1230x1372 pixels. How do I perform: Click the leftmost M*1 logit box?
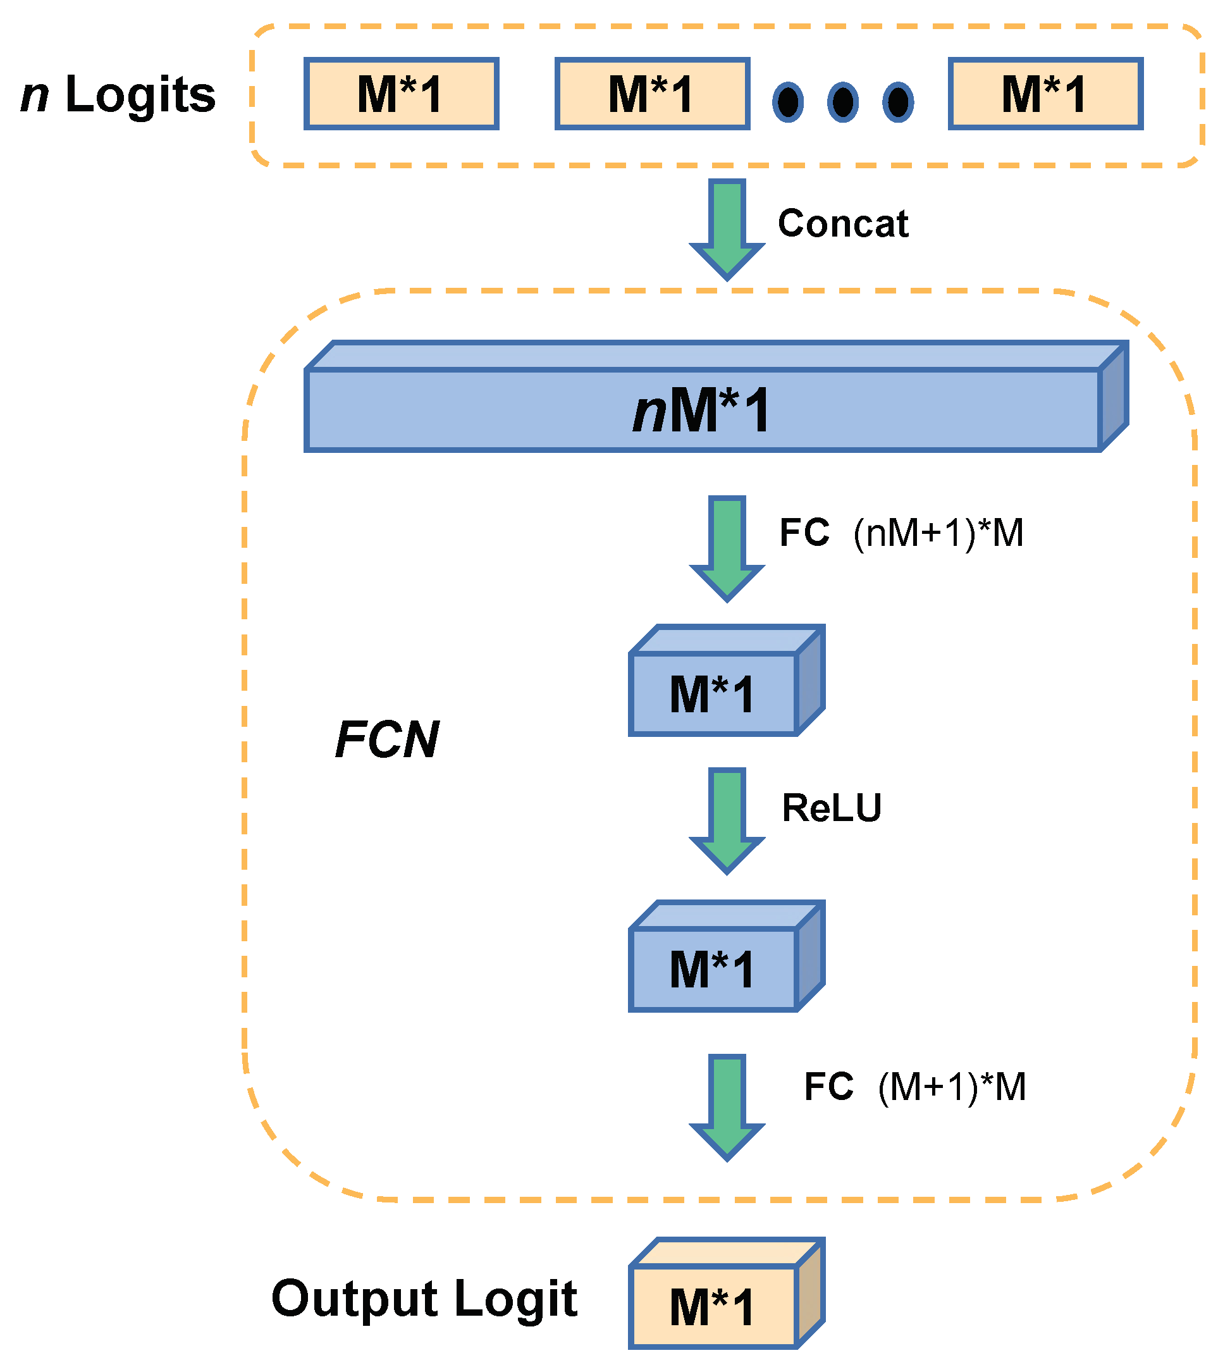tap(402, 93)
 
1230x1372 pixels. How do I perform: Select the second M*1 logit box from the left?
tap(652, 93)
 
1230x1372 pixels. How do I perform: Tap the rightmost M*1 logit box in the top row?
tap(1045, 93)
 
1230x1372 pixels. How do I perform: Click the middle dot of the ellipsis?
tap(843, 102)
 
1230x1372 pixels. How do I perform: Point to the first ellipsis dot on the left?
tap(788, 102)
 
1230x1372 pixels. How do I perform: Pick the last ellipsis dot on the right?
tap(898, 102)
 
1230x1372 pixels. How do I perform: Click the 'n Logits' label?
tap(118, 95)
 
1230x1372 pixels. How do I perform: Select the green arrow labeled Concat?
tap(727, 230)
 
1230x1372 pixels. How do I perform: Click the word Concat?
tap(843, 223)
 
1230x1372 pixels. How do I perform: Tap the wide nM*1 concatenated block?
tap(716, 397)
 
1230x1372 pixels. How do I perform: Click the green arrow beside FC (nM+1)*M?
tap(727, 549)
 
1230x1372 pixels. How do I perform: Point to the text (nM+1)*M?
tap(938, 533)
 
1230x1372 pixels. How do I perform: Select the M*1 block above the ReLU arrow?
tap(727, 681)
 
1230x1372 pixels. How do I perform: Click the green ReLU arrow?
tap(727, 821)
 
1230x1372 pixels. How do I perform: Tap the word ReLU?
tap(831, 808)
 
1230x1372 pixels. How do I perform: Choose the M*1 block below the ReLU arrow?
tap(727, 956)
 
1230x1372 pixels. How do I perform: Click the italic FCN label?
tap(387, 740)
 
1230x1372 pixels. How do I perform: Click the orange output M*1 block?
tap(727, 1294)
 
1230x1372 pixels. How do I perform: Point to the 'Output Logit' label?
tap(424, 1299)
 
